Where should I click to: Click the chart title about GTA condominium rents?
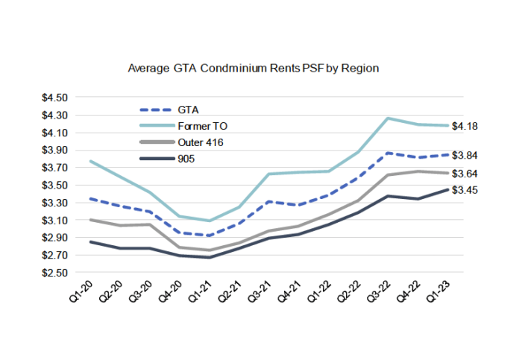pos(254,68)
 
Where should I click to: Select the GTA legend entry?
pos(188,109)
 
